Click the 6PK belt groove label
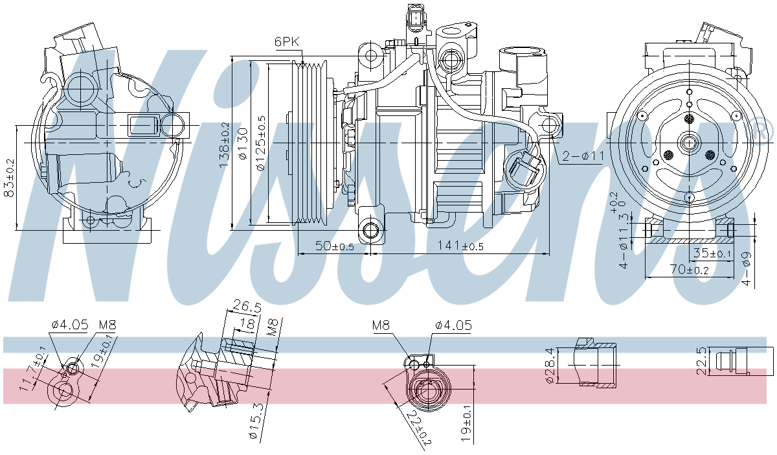click(287, 41)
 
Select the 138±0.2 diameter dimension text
click(224, 145)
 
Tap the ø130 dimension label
click(243, 144)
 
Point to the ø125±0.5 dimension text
click(261, 143)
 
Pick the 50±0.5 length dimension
click(334, 246)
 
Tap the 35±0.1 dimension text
click(712, 253)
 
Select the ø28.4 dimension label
click(550, 366)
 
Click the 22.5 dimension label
click(701, 360)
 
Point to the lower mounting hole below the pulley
click(371, 230)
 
